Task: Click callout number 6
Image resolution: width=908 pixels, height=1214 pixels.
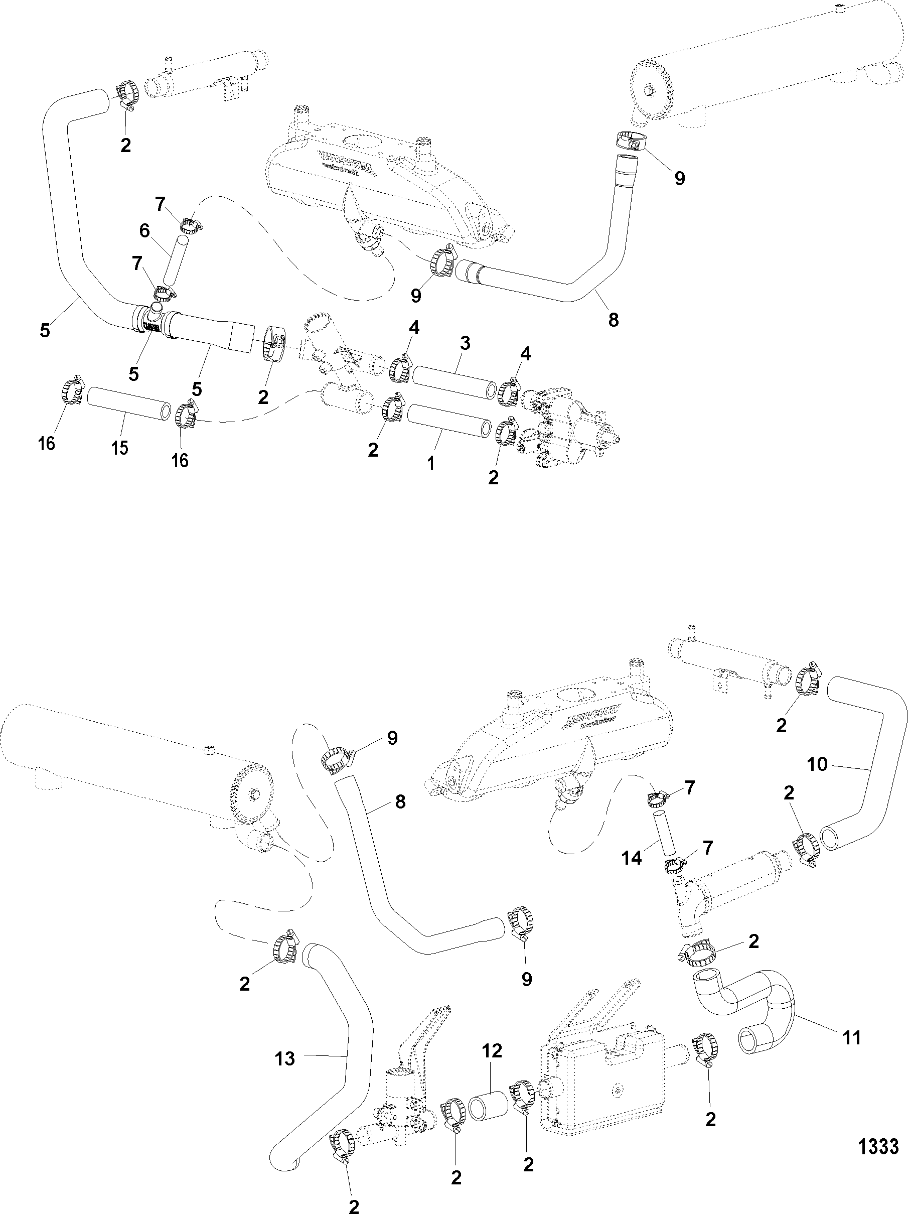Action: (144, 231)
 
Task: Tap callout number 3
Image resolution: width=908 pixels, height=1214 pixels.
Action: (465, 344)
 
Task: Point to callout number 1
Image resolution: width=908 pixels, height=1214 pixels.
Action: (431, 463)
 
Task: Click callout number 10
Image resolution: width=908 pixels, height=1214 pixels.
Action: (818, 764)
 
